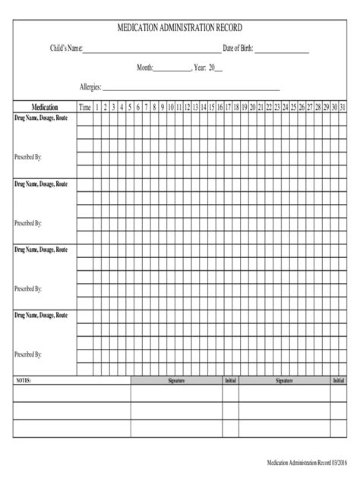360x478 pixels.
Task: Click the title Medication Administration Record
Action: (179, 29)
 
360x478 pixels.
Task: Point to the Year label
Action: (201, 68)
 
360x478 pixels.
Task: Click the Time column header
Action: (85, 107)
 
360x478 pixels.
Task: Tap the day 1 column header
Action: (96, 107)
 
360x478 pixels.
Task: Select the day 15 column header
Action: (212, 107)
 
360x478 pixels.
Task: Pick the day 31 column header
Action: (343, 107)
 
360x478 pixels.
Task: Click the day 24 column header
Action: (286, 107)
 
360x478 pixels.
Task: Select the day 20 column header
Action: (253, 107)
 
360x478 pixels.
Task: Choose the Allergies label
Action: (90, 87)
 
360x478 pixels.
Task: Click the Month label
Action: (145, 68)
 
